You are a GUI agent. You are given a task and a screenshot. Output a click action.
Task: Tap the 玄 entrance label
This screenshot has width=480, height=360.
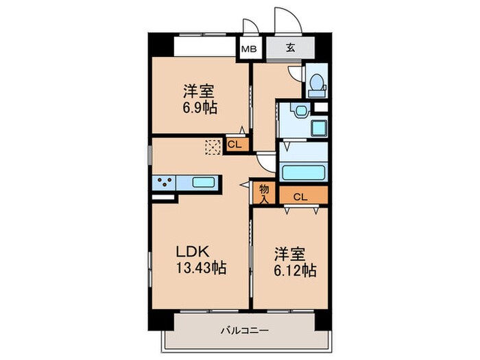291,48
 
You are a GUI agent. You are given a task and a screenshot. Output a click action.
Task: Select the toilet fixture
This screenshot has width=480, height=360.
316,84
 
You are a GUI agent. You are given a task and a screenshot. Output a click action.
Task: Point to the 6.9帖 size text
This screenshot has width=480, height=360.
200,107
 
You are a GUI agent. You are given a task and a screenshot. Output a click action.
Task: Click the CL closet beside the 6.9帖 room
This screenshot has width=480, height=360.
234,144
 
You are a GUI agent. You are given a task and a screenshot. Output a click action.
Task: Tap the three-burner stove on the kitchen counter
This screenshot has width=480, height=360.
165,182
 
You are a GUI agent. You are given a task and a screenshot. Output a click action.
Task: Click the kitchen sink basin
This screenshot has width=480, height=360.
205,182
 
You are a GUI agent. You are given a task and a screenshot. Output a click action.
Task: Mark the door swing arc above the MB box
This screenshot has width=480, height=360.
249,27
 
